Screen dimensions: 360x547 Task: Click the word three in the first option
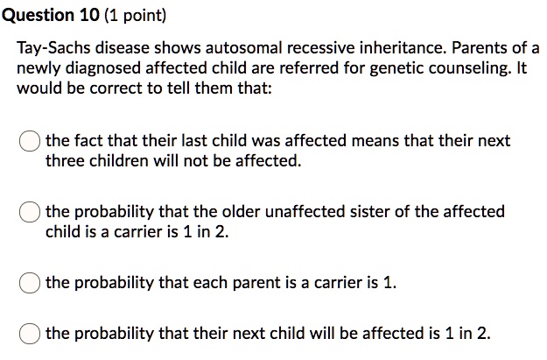65,161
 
